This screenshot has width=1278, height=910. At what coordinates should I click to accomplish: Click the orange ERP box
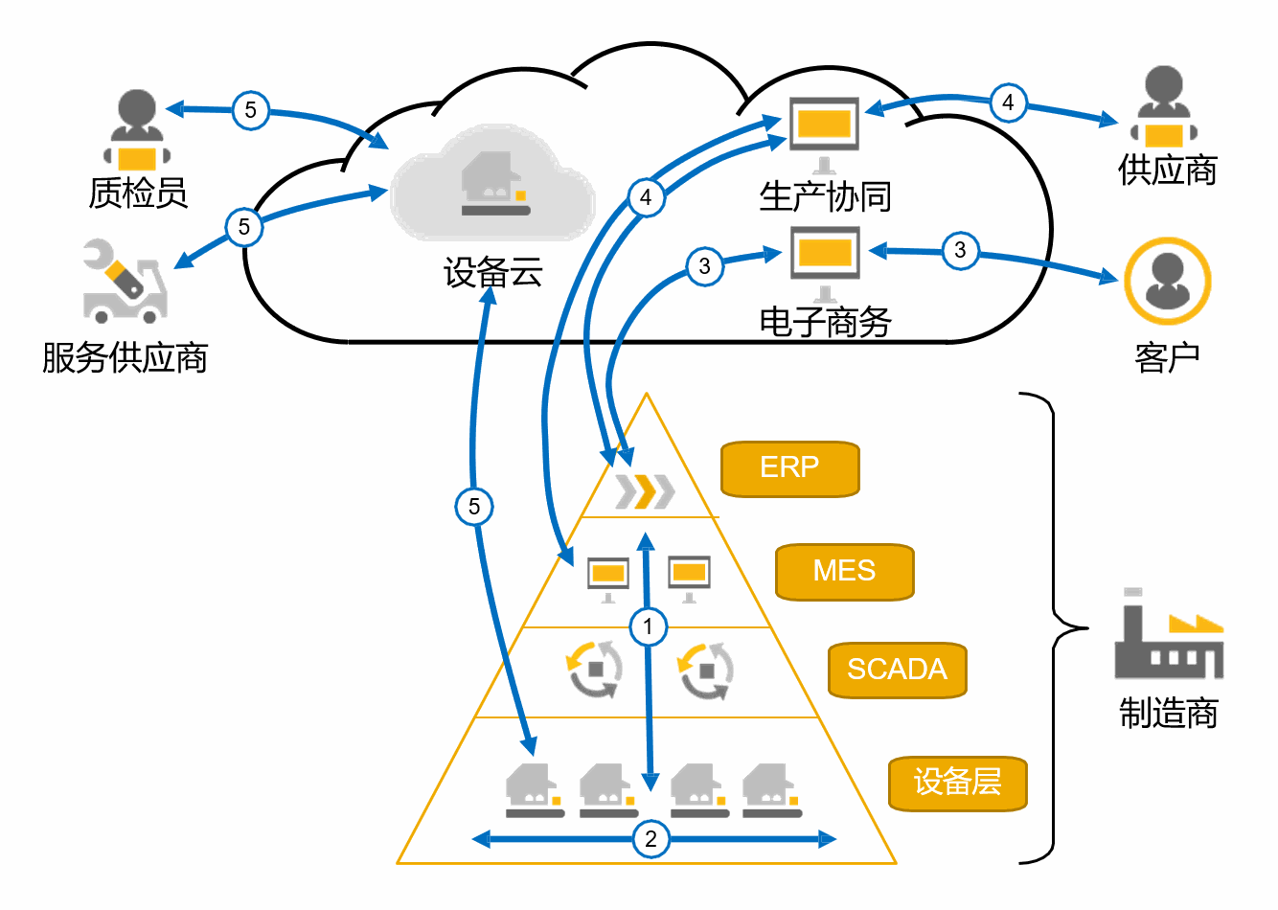pos(789,468)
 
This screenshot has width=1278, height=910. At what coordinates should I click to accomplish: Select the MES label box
pos(844,572)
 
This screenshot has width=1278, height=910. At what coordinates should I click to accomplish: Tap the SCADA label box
pos(897,670)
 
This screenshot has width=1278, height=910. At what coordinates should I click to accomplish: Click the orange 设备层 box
pos(957,783)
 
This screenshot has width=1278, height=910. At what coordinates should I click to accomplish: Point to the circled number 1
pos(648,626)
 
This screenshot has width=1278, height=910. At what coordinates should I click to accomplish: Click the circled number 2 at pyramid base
pos(650,839)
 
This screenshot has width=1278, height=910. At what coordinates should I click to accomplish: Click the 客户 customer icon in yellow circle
pos(1167,281)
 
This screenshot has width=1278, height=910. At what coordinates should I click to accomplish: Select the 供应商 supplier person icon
pos(1163,105)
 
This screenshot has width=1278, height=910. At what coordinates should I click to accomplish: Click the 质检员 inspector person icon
pos(137,129)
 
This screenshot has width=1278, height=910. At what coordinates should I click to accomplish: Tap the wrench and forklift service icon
pos(124,281)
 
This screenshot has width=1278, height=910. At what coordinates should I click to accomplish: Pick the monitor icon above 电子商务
pos(824,256)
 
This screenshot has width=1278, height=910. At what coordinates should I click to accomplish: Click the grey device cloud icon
pos(493,184)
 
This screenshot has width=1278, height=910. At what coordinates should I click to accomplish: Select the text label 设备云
pos(493,273)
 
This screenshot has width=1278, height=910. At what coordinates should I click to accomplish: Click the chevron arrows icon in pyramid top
pos(645,490)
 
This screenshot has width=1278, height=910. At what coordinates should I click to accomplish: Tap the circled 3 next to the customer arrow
pos(960,250)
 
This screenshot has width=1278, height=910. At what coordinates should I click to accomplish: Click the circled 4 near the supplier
pos(1007,102)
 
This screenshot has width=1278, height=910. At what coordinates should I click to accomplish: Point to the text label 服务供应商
pos(125,358)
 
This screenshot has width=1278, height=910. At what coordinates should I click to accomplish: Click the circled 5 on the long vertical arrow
pos(474,506)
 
